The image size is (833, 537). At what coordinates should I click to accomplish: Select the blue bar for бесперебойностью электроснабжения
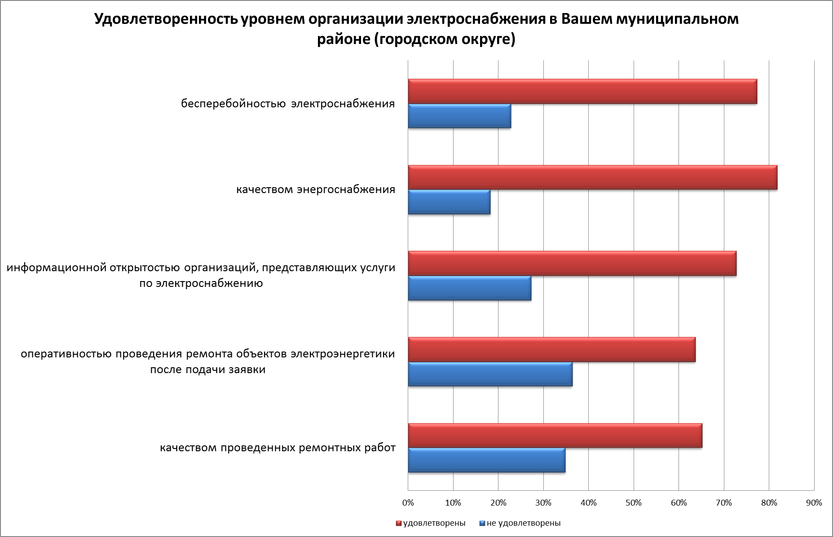[x=459, y=116]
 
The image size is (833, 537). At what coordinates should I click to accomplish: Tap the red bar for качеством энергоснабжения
[x=592, y=177]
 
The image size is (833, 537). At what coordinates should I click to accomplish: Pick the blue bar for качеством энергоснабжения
[x=449, y=202]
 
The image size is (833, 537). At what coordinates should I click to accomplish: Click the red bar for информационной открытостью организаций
[x=572, y=264]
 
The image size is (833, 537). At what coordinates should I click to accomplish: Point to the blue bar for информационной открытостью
[x=469, y=288]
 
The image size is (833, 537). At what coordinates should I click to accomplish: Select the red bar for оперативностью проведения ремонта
[x=551, y=350]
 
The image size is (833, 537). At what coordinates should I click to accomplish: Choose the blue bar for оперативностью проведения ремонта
[x=490, y=374]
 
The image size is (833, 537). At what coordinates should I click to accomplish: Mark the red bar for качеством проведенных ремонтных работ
[x=555, y=436]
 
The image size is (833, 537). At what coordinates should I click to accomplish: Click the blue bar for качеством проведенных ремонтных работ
[x=486, y=460]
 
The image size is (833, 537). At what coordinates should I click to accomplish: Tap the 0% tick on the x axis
[x=408, y=503]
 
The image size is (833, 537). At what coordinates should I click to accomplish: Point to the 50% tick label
[x=633, y=503]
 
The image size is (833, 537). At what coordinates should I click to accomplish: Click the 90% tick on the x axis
[x=814, y=503]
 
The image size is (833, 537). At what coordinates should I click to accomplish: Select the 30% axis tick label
[x=543, y=503]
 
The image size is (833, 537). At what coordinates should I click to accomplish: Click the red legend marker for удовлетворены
[x=398, y=523]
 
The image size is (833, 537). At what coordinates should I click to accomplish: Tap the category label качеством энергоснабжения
[x=316, y=189]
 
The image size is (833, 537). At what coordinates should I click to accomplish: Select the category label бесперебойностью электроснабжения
[x=288, y=104]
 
